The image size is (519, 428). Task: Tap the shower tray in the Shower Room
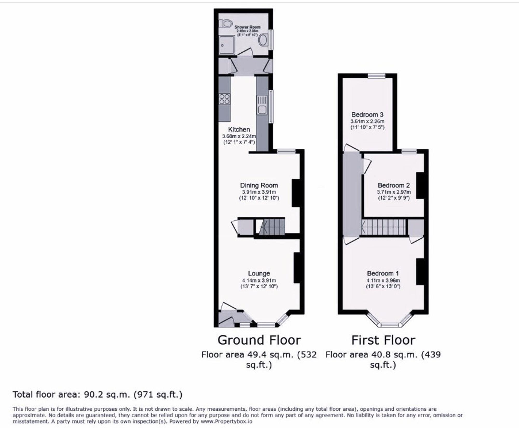click(227, 45)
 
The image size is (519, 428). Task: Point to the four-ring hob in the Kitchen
click(224, 99)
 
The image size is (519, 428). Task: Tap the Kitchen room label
click(239, 129)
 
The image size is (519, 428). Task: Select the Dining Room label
click(259, 185)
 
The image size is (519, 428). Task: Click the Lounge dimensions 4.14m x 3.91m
click(259, 280)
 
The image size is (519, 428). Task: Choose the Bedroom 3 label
click(367, 115)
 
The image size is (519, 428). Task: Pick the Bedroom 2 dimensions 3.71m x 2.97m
click(394, 192)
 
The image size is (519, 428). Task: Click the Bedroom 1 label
click(383, 273)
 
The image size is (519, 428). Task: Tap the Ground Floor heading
click(259, 340)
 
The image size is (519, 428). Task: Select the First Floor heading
click(383, 340)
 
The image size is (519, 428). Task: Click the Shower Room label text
click(247, 27)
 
